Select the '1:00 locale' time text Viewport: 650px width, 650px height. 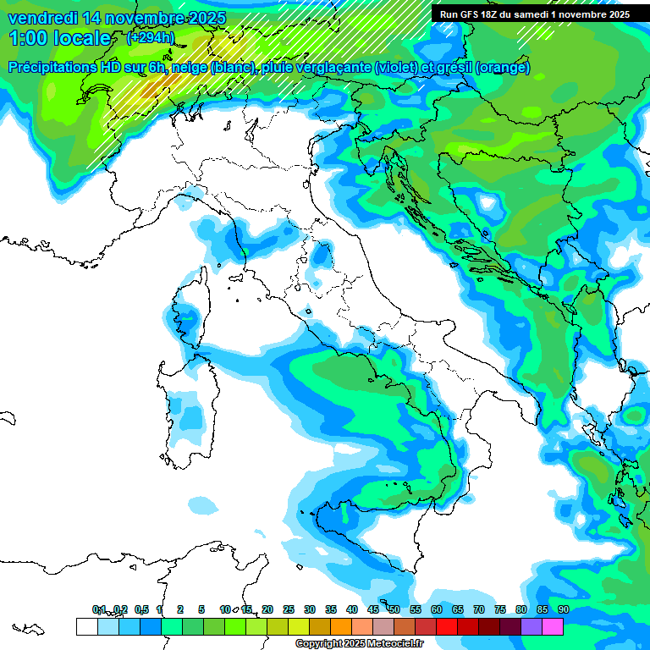click(59, 38)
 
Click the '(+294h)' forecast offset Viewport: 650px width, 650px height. click(150, 38)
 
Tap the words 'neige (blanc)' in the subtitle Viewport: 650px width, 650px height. click(215, 67)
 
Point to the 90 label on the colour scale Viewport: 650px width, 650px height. click(563, 609)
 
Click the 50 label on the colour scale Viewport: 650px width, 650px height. click(394, 609)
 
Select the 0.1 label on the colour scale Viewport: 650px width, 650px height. click(99, 609)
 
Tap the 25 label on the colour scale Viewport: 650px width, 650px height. click(288, 609)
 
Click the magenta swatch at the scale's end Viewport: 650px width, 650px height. click(552, 626)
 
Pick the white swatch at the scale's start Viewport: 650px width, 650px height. click(86, 626)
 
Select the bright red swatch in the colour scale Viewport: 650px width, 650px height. click(446, 626)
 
